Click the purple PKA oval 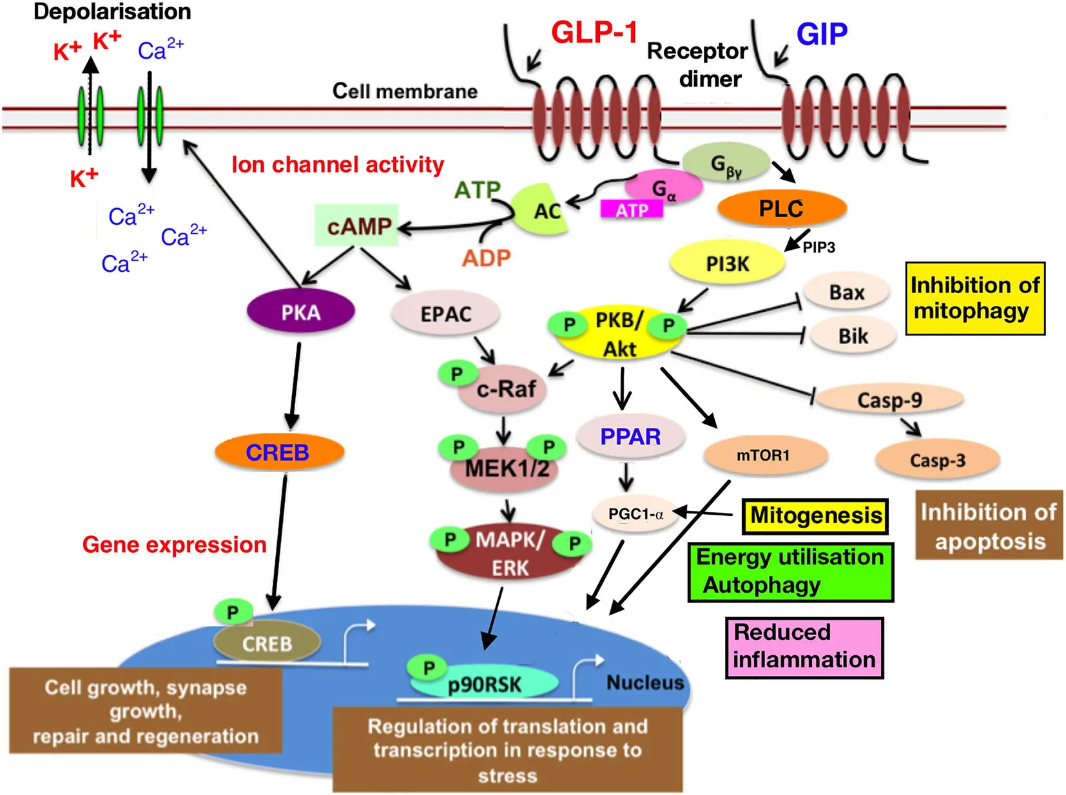pos(300,312)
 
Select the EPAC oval pos(445,314)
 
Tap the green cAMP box pos(357,225)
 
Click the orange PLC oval pos(781,208)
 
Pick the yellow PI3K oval pos(727,263)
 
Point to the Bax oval pos(846,292)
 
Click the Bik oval pos(853,336)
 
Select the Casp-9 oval pos(889,400)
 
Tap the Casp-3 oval pos(937,460)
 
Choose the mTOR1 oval pos(764,455)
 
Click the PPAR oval pos(630,436)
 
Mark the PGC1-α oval pos(635,513)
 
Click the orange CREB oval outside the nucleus pos(278,452)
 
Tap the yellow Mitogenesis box pos(815,515)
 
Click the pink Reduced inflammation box pos(804,647)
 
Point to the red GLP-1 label pos(594,32)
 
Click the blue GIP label pos(822,34)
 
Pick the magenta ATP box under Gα pos(631,210)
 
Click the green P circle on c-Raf pos(457,374)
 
